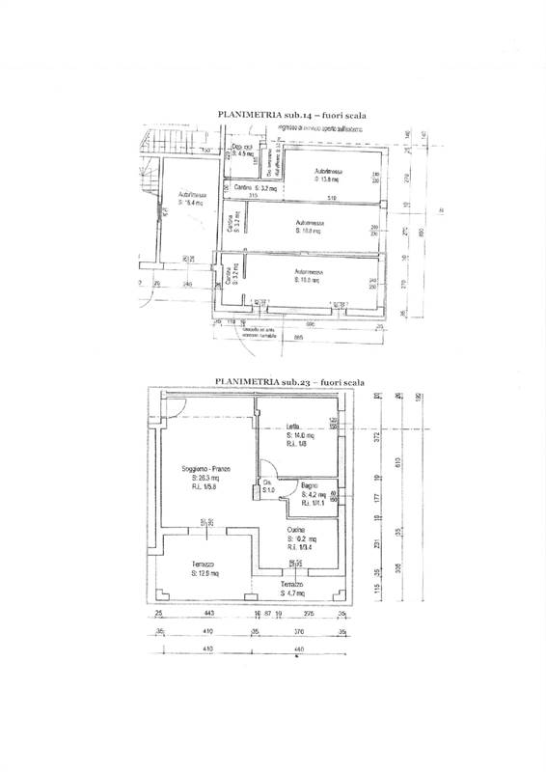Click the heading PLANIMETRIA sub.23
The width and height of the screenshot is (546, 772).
pos(291,382)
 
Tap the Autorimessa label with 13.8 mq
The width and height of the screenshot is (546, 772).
pos(330,175)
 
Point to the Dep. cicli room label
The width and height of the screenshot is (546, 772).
pos(241,150)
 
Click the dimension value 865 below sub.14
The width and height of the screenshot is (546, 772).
pos(299,338)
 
